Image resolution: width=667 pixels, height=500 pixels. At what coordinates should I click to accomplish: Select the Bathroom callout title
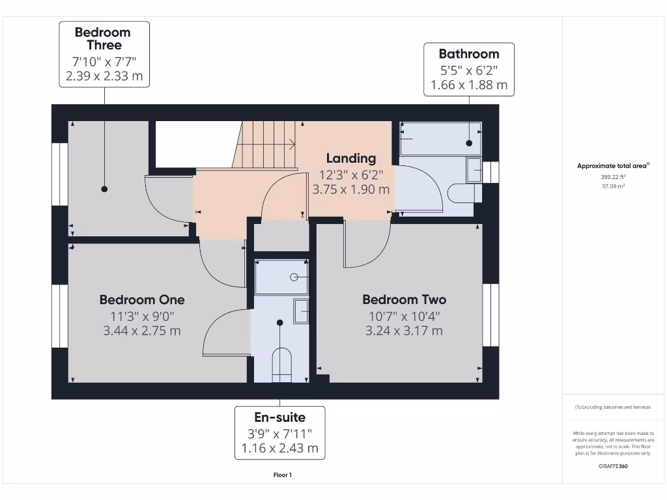click(x=468, y=54)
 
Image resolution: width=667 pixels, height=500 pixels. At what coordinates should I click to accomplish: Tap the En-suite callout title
click(x=279, y=417)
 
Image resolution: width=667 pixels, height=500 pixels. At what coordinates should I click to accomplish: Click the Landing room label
click(x=351, y=158)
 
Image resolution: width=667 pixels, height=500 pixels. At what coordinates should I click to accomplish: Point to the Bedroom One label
click(x=142, y=299)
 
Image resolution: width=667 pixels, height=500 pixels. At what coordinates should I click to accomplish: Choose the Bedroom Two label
click(x=404, y=299)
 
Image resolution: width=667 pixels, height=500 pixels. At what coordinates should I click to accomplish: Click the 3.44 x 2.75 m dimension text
click(x=142, y=331)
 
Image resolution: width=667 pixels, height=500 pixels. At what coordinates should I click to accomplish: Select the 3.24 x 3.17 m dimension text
click(x=404, y=331)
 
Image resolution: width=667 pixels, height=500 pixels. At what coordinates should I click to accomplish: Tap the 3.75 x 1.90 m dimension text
click(x=351, y=190)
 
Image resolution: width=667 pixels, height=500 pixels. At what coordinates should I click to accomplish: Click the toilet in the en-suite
click(x=281, y=365)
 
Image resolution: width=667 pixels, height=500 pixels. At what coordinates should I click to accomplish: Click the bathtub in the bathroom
click(x=440, y=137)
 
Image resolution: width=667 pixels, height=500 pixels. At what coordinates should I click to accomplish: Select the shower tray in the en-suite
click(x=281, y=277)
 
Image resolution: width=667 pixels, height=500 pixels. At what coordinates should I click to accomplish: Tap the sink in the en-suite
click(x=302, y=311)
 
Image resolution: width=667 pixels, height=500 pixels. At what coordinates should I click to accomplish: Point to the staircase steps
click(x=267, y=144)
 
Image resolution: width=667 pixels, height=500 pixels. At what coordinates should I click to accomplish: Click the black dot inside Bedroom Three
click(x=104, y=189)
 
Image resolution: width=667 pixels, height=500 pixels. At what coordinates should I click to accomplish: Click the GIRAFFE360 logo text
click(x=613, y=466)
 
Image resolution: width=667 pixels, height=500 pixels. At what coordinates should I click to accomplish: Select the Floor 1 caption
click(x=282, y=475)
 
